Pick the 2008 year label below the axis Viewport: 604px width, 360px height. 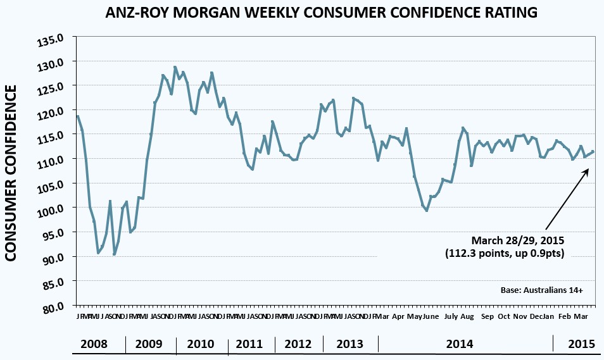(x=93, y=344)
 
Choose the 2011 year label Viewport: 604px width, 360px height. (x=249, y=344)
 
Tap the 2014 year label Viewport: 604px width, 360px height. (x=460, y=344)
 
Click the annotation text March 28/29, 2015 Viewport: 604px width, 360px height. (x=517, y=240)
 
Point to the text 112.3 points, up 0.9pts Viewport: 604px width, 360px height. (x=504, y=253)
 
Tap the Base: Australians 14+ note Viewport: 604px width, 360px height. (x=541, y=290)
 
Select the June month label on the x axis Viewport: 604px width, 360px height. (x=431, y=316)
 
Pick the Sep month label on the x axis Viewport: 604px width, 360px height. (x=488, y=316)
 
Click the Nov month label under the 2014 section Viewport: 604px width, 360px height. (x=520, y=316)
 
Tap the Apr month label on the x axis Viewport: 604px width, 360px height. (x=398, y=316)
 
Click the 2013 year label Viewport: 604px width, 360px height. (x=350, y=344)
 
